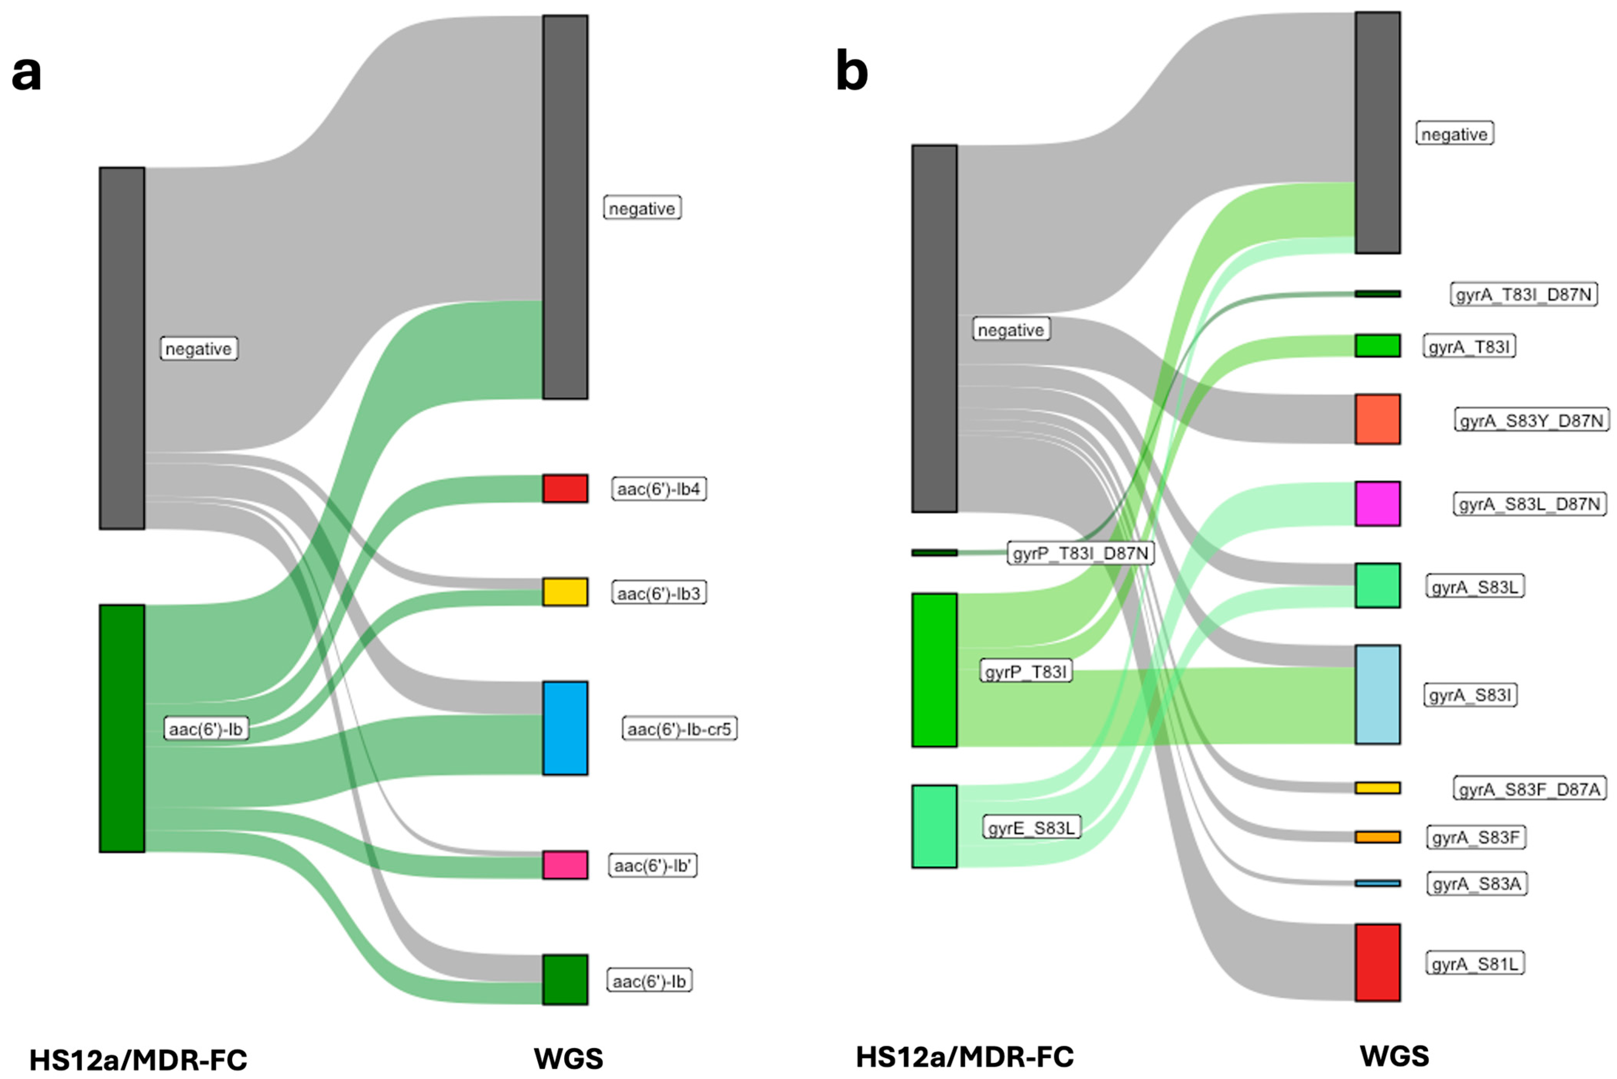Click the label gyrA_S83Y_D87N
click(x=1531, y=420)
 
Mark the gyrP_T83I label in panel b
click(x=1026, y=672)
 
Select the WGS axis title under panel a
click(x=568, y=1059)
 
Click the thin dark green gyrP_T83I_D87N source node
click(x=934, y=553)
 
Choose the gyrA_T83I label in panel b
click(x=1469, y=347)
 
